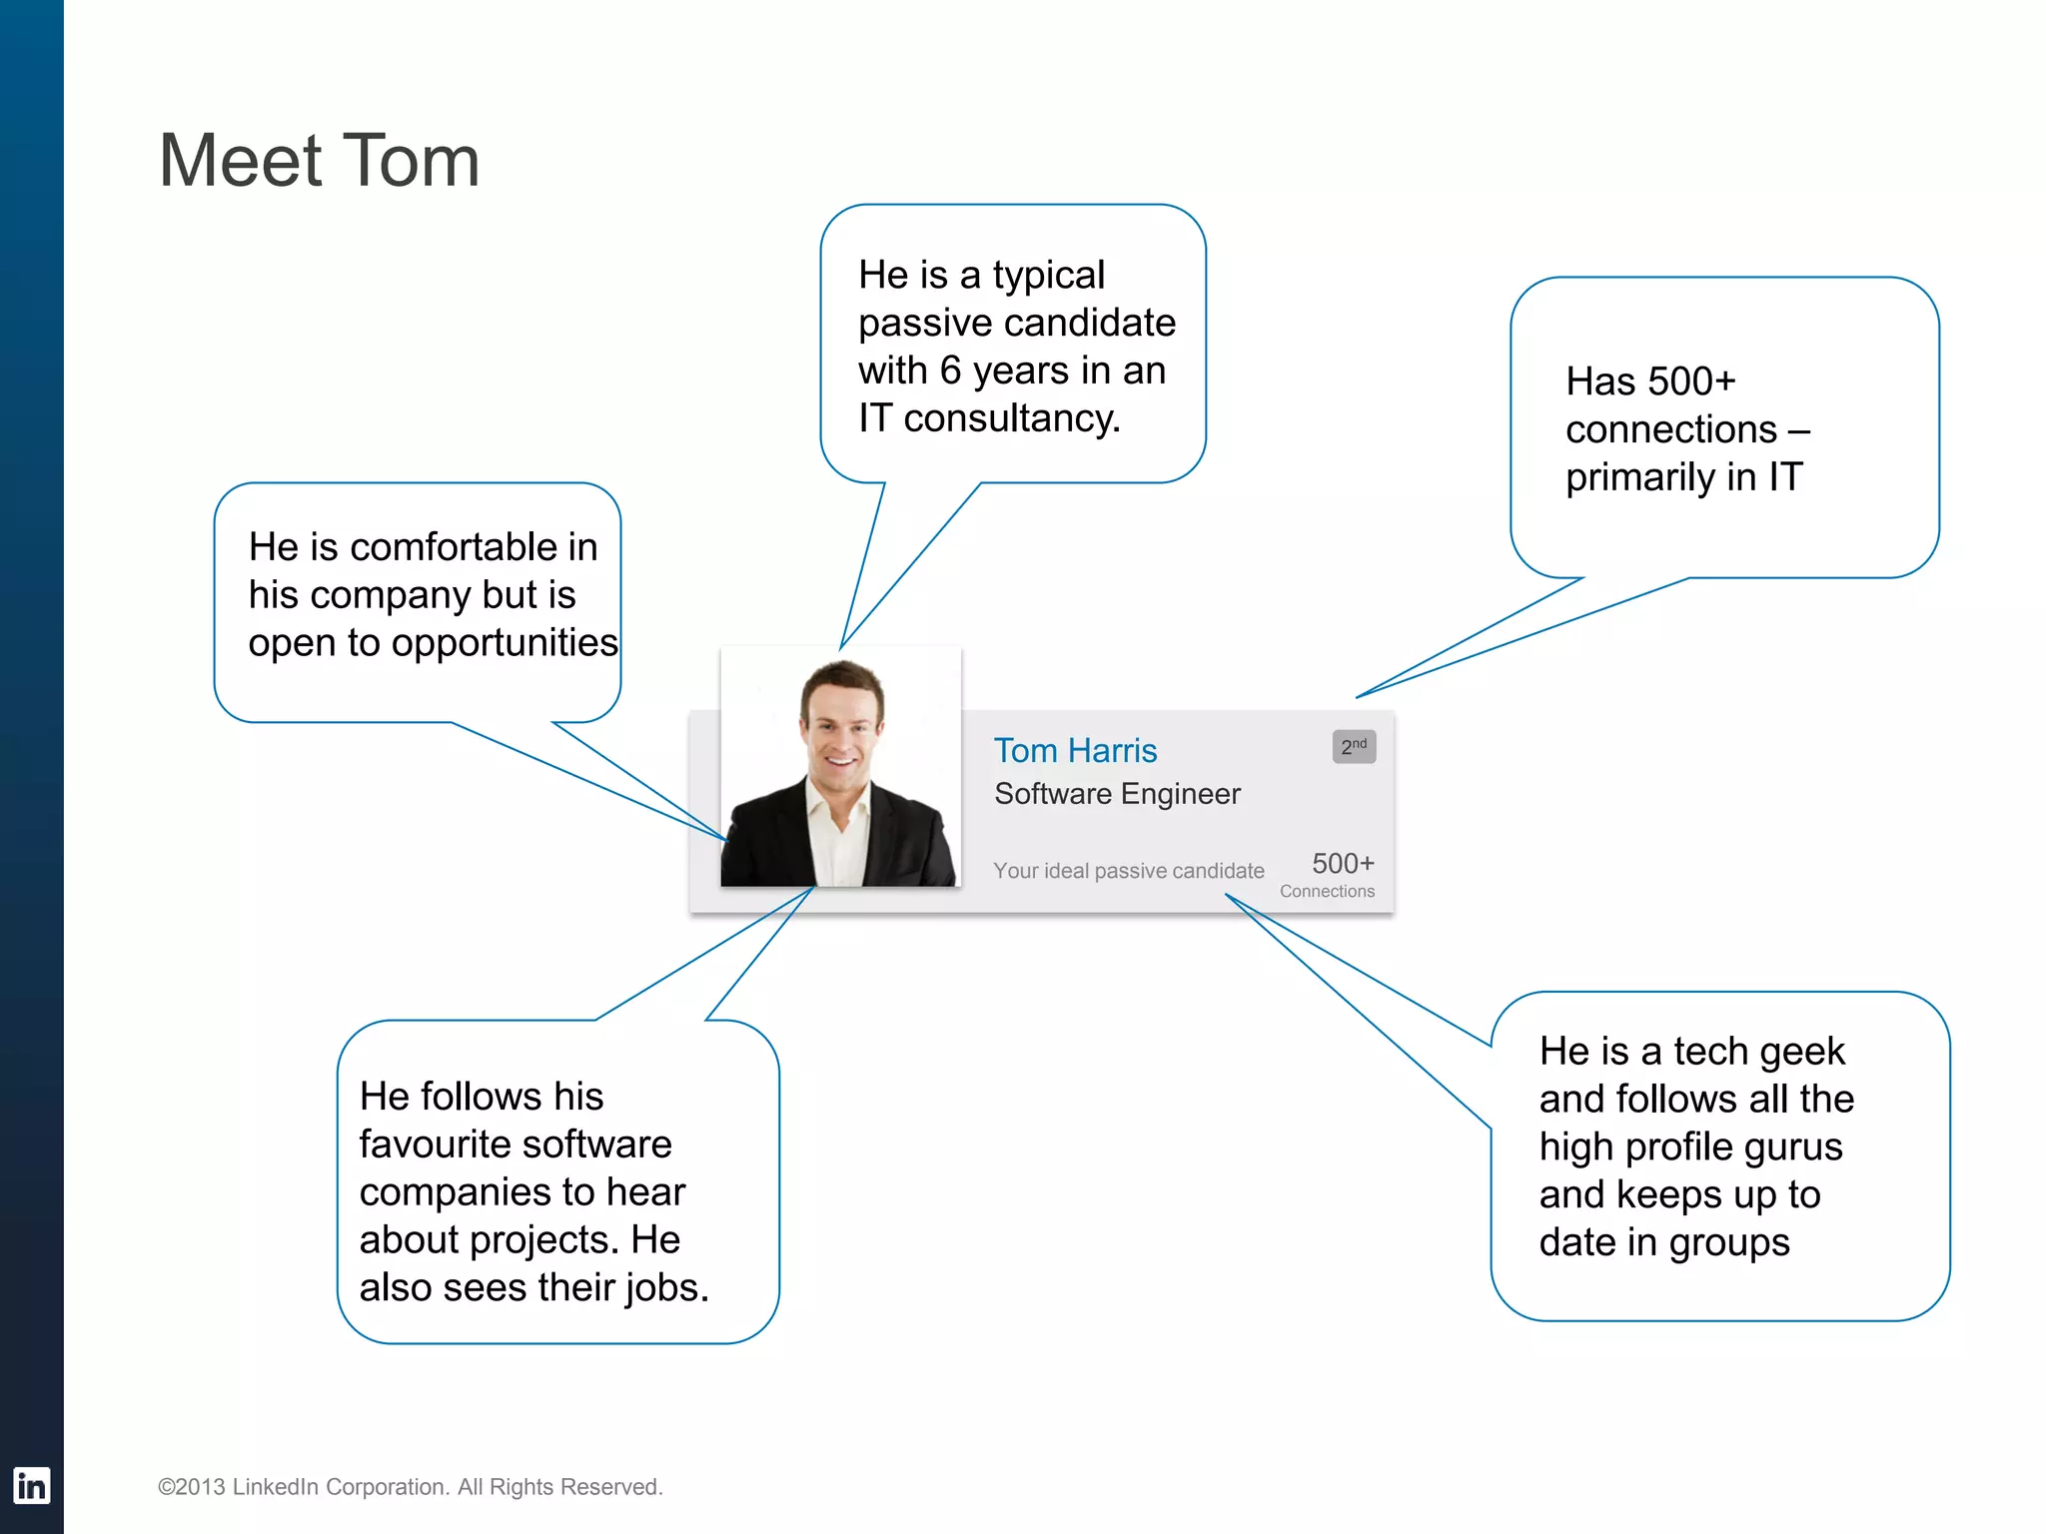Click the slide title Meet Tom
point(319,161)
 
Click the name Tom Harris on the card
point(1075,751)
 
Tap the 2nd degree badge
point(1354,747)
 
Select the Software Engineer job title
point(1117,794)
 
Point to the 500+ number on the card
point(1343,863)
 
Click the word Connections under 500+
point(1327,892)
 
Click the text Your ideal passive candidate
point(1128,871)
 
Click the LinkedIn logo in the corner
point(31,1486)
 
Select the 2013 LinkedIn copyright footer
point(410,1487)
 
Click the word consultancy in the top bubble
point(1011,418)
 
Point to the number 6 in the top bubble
point(950,371)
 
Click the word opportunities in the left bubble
point(505,643)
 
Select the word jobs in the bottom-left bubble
point(666,1288)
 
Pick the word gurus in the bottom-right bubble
point(1792,1148)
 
